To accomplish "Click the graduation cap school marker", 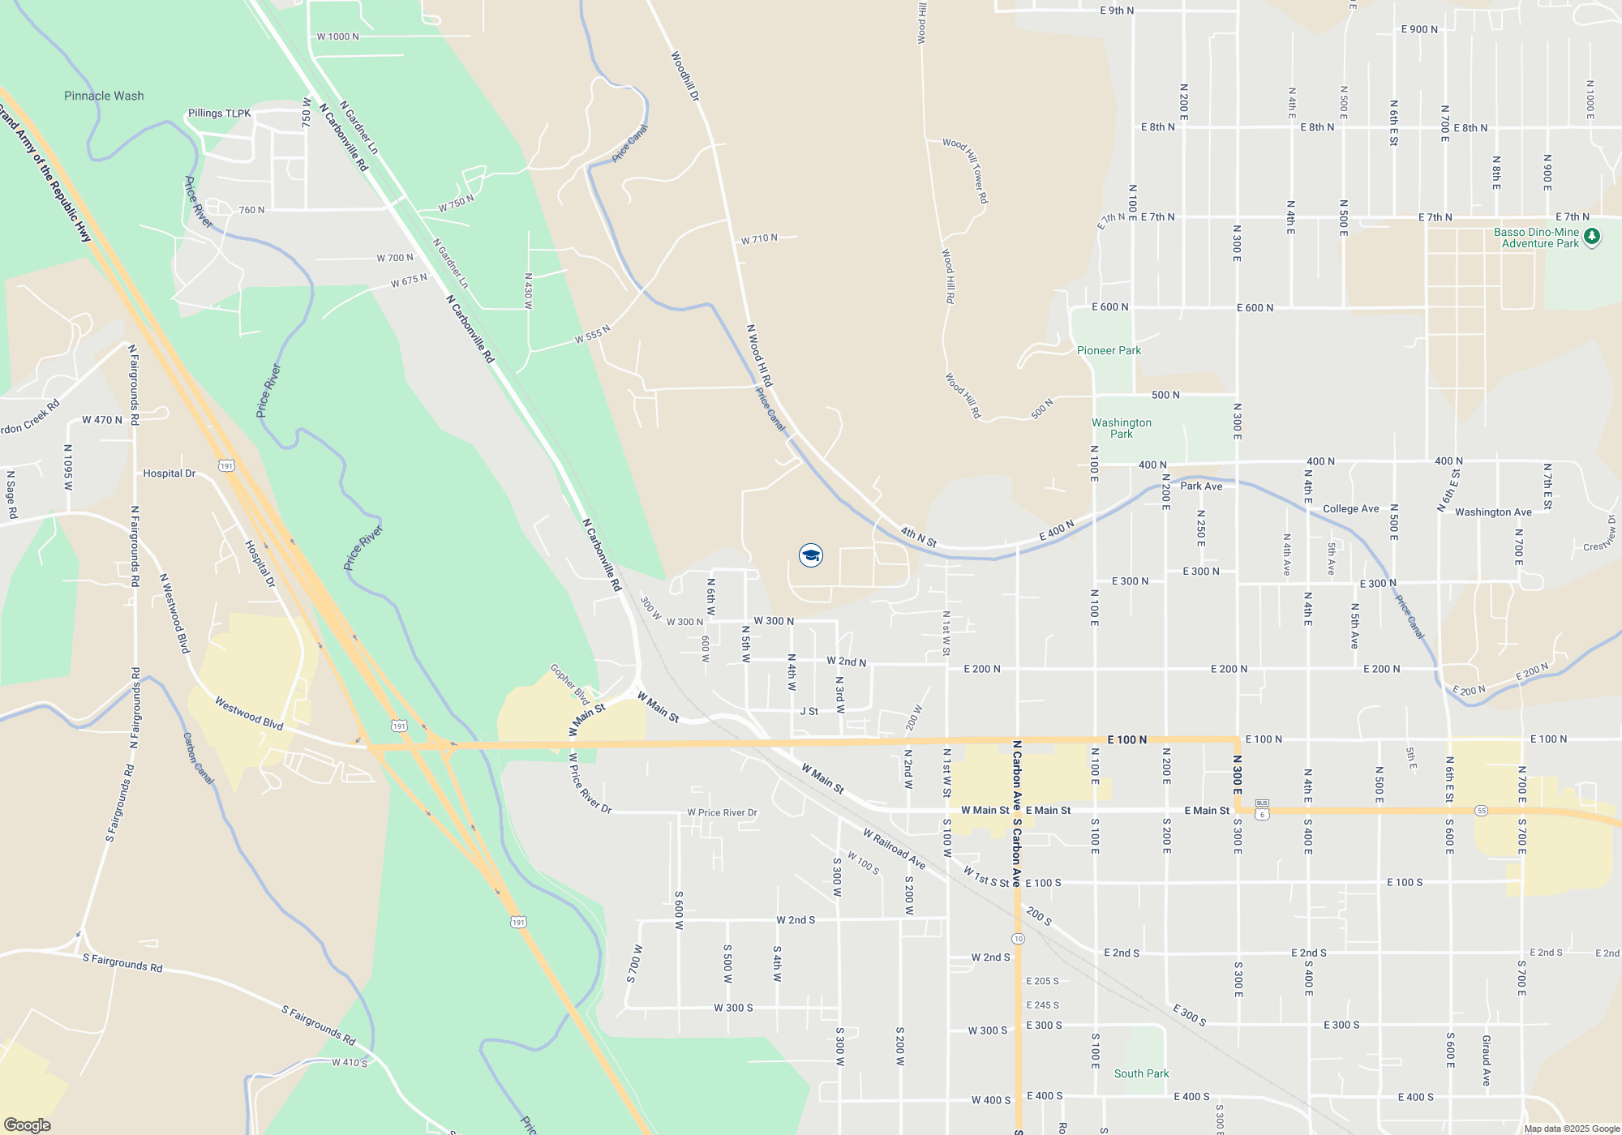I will pyautogui.click(x=811, y=555).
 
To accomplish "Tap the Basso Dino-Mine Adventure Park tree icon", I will pyautogui.click(x=1592, y=237).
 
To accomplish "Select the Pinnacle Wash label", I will pyautogui.click(x=104, y=96).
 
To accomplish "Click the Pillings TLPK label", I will pyautogui.click(x=219, y=113).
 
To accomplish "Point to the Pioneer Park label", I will pyautogui.click(x=1109, y=350).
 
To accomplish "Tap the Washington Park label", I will pyautogui.click(x=1122, y=428).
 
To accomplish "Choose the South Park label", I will pyautogui.click(x=1141, y=1073).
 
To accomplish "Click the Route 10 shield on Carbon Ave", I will pyautogui.click(x=1018, y=938).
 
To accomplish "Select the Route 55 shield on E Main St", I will pyautogui.click(x=1482, y=811).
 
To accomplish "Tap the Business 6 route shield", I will pyautogui.click(x=1262, y=809).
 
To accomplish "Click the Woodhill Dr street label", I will pyautogui.click(x=684, y=76).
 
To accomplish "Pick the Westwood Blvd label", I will pyautogui.click(x=249, y=713).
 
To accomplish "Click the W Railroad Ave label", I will pyautogui.click(x=894, y=849).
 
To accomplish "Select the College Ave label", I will pyautogui.click(x=1350, y=509).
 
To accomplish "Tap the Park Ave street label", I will pyautogui.click(x=1201, y=486).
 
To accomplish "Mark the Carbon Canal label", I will pyautogui.click(x=198, y=759).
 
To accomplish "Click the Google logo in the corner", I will pyautogui.click(x=28, y=1125).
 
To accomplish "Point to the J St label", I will pyautogui.click(x=809, y=711).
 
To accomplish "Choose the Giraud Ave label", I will pyautogui.click(x=1486, y=1060).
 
